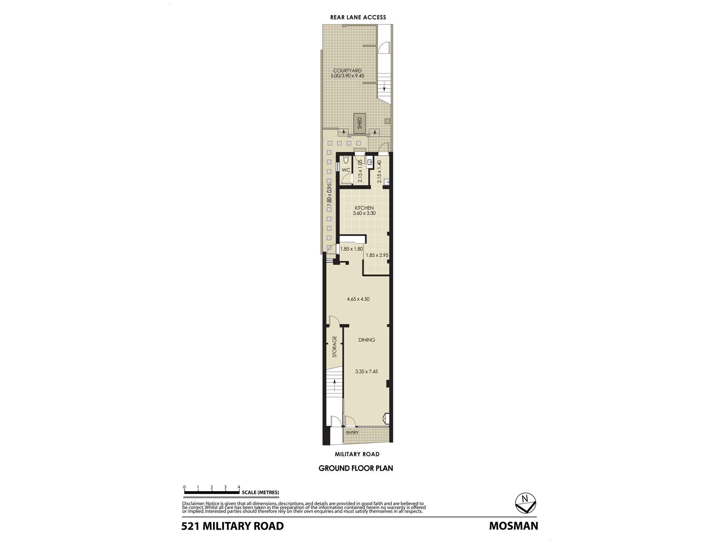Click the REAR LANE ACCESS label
[358, 17]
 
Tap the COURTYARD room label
[347, 71]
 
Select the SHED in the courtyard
[359, 123]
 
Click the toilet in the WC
[346, 160]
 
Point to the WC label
[346, 170]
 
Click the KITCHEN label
[364, 208]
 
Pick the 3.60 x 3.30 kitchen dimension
[364, 213]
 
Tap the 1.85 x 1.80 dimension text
[351, 249]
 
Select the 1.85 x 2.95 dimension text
[377, 255]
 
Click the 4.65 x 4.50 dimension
[358, 299]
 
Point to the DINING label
[367, 340]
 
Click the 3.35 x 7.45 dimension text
[366, 371]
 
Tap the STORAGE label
[335, 347]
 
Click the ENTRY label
[352, 432]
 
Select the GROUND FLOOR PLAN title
[355, 468]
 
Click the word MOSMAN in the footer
[513, 526]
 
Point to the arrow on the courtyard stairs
[384, 87]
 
